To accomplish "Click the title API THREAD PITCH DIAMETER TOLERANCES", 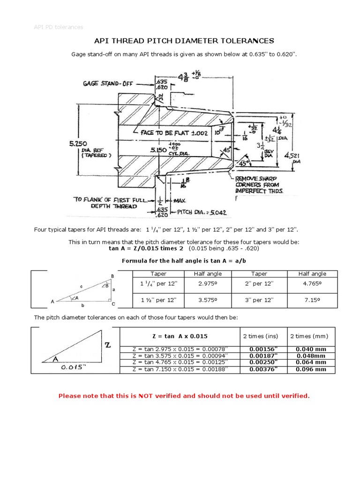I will click(x=185, y=41).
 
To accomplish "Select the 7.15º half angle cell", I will click(x=312, y=300).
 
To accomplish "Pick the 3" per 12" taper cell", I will click(x=259, y=300).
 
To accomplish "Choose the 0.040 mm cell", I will click(x=311, y=349).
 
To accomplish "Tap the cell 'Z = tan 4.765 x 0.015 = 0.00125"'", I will click(x=180, y=362).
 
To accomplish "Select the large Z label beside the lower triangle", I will click(x=108, y=345).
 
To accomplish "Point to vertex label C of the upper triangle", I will click(x=113, y=304).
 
